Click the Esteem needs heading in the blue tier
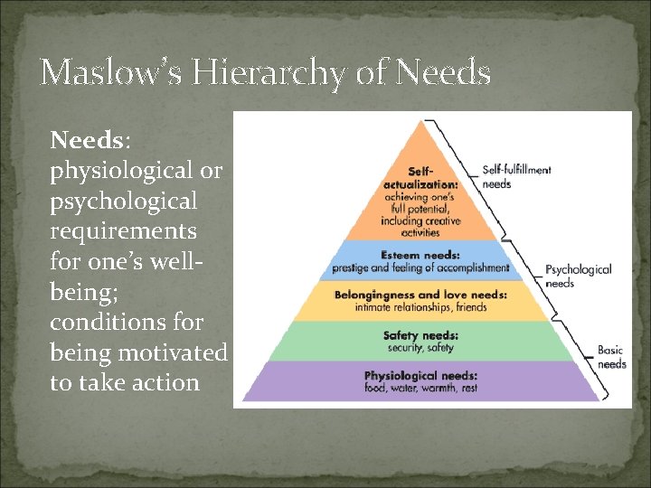pyautogui.click(x=420, y=255)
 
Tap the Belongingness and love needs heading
pyautogui.click(x=420, y=295)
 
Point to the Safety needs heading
pyautogui.click(x=420, y=335)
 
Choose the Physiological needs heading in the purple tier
pyautogui.click(x=420, y=375)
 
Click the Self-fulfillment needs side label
pyautogui.click(x=516, y=176)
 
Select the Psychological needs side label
pyautogui.click(x=578, y=276)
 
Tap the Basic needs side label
pyautogui.click(x=611, y=357)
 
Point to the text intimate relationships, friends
pyautogui.click(x=420, y=307)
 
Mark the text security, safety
pyautogui.click(x=420, y=347)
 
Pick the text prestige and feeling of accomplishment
pyautogui.click(x=420, y=267)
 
